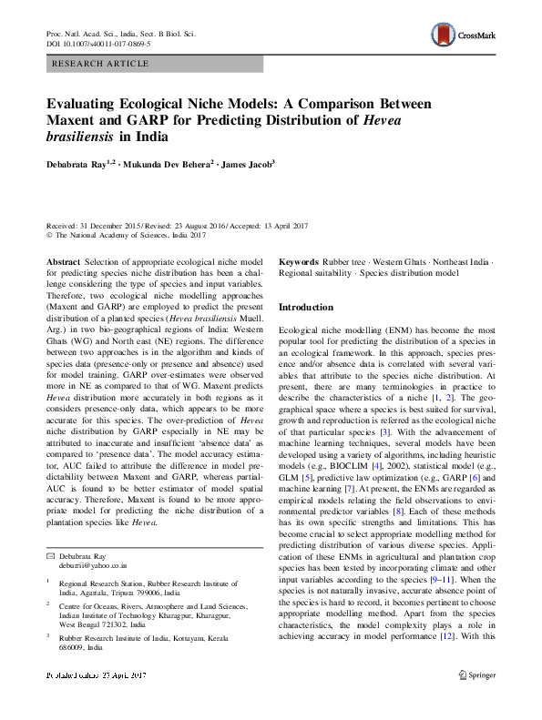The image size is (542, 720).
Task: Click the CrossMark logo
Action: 462,35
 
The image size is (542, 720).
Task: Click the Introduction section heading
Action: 306,307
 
